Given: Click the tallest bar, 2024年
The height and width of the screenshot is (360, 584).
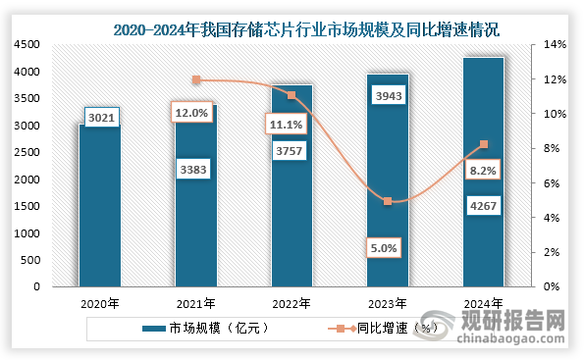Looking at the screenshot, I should click(484, 172).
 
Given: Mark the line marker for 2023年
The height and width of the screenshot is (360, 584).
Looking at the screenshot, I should click(388, 201).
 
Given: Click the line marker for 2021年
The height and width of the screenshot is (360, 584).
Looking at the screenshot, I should click(195, 80).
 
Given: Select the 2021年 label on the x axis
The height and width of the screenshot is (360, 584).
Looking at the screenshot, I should click(195, 303).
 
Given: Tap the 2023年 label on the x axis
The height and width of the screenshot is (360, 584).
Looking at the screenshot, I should click(388, 303).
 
